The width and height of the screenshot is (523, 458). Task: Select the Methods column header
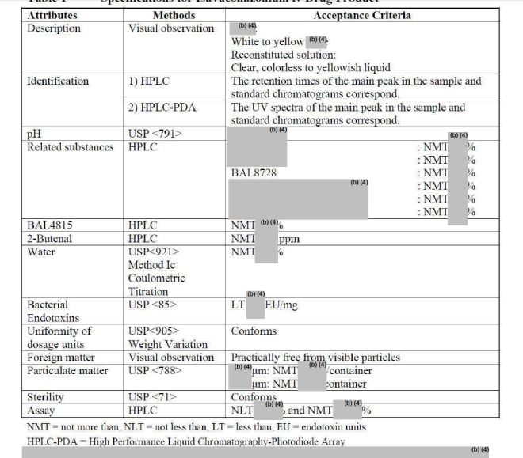(x=173, y=15)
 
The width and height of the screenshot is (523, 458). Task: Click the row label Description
(x=54, y=28)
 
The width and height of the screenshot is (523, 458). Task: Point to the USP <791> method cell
(x=155, y=134)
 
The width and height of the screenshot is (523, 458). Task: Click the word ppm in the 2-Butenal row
(x=289, y=237)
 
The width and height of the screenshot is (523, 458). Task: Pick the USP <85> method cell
(x=151, y=305)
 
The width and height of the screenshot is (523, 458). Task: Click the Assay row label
(x=41, y=411)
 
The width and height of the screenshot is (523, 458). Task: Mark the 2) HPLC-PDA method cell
(x=162, y=107)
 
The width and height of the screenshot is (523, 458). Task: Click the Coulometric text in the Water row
(x=156, y=278)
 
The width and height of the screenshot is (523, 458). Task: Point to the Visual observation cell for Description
(x=171, y=28)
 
